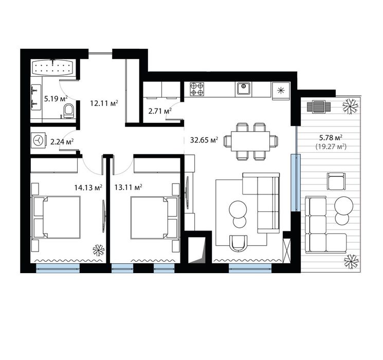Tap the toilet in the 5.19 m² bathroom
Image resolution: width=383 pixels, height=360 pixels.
(x=68, y=111)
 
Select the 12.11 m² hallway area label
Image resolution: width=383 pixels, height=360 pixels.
(x=104, y=103)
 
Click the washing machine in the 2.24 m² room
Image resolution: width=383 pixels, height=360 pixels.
(x=39, y=141)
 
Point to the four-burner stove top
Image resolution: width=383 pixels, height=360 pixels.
(x=197, y=89)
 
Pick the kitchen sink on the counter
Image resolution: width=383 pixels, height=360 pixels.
(x=243, y=89)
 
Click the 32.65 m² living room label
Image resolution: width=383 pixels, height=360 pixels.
(x=204, y=140)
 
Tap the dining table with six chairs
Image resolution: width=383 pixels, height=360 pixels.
(x=250, y=141)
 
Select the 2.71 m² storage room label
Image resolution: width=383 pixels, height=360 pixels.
(x=160, y=111)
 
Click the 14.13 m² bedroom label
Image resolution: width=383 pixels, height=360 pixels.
(x=88, y=187)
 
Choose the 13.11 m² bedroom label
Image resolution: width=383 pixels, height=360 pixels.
(x=129, y=187)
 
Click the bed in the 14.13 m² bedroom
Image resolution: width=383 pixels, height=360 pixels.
(x=56, y=217)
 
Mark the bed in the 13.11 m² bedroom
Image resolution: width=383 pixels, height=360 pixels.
(x=154, y=218)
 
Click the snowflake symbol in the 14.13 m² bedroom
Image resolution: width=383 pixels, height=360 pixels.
(x=99, y=250)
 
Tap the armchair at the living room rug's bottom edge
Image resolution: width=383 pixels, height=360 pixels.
(x=239, y=243)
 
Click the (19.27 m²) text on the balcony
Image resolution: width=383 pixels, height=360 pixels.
(x=331, y=147)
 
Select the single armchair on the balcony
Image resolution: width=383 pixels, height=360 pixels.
(x=336, y=181)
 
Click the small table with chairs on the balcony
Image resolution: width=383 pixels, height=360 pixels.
(x=319, y=106)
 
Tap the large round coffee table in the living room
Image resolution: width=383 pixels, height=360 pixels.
(x=238, y=209)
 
